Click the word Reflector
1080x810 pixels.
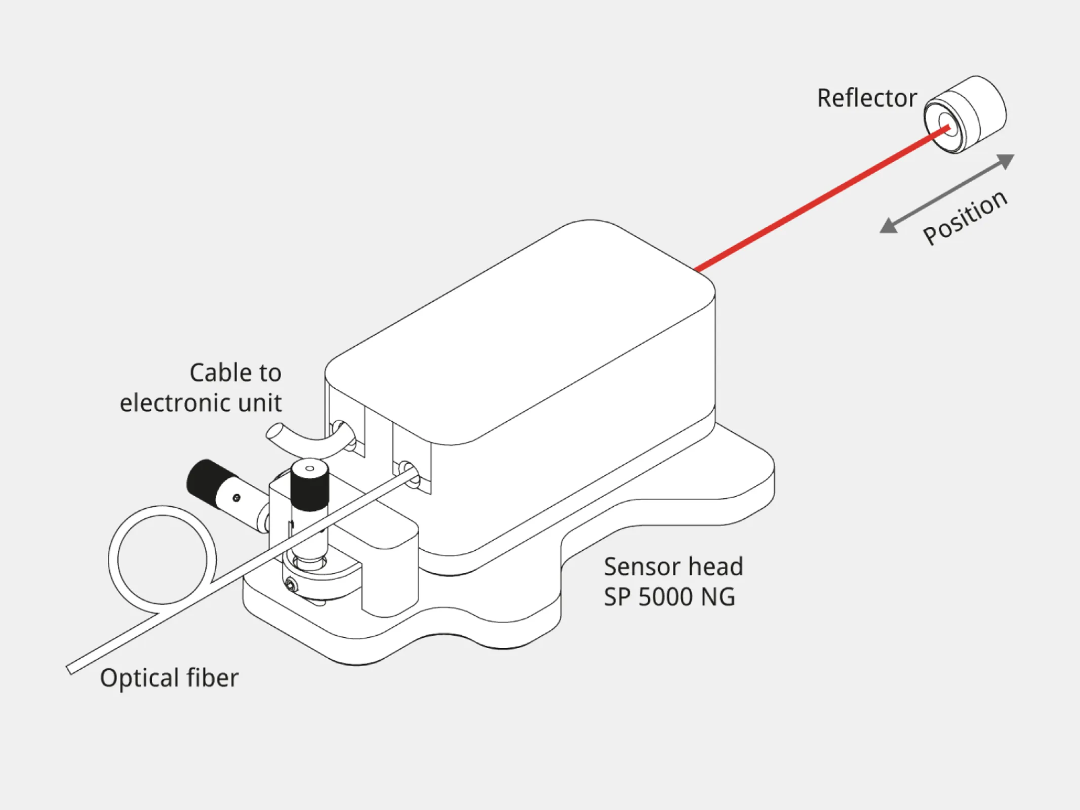point(866,98)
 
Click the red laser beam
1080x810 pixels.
point(820,197)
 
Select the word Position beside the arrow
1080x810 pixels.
point(965,218)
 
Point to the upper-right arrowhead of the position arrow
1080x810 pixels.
point(1006,161)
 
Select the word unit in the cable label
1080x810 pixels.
point(260,403)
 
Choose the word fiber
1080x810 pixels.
point(212,678)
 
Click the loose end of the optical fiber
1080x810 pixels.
point(71,669)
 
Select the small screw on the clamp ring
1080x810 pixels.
point(291,586)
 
